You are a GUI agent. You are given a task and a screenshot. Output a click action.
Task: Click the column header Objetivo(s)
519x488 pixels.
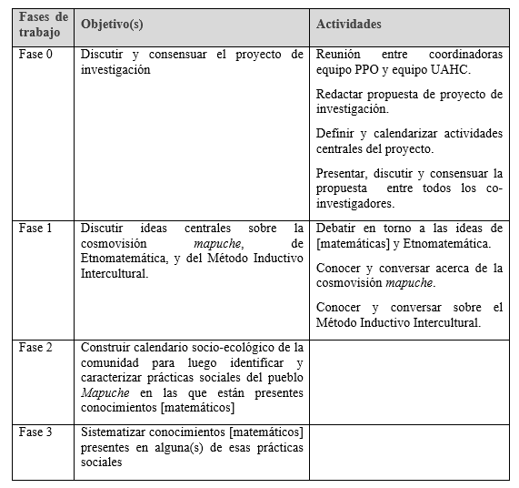[x=109, y=24]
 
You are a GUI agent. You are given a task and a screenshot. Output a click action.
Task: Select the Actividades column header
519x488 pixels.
[x=348, y=24]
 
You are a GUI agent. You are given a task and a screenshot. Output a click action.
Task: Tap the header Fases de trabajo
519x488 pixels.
[x=43, y=25]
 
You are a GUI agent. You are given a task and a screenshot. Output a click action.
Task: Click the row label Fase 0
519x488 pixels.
[x=35, y=55]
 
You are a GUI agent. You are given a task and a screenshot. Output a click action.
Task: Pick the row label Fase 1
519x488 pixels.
[x=35, y=228]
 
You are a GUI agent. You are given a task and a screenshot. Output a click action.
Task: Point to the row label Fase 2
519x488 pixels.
[x=35, y=347]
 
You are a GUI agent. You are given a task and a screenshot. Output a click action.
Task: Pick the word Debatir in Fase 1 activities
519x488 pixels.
[x=337, y=228]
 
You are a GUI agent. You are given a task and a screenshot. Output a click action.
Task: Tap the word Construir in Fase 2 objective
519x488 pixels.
[x=107, y=347]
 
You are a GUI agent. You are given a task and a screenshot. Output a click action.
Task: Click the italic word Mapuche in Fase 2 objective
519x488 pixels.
[x=102, y=391]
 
